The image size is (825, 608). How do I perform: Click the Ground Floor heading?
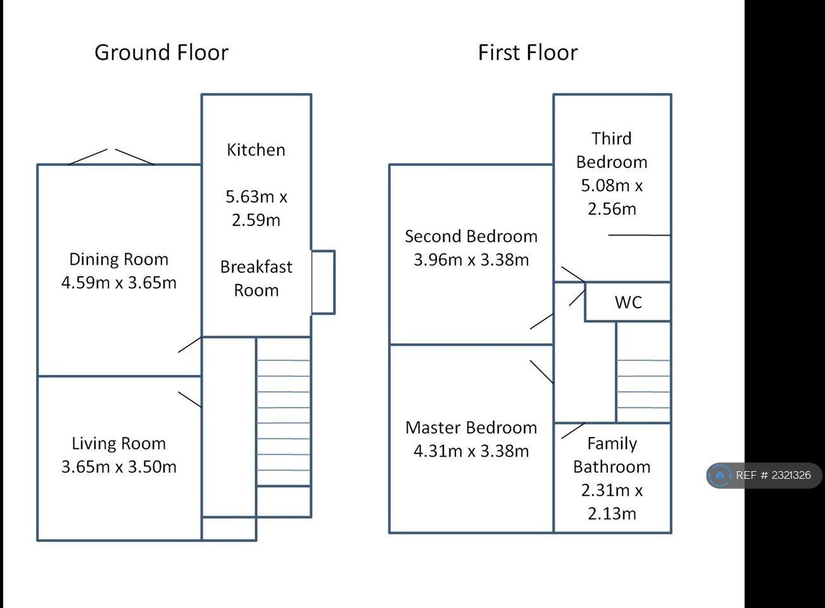tap(161, 53)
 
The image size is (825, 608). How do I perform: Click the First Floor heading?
tap(527, 53)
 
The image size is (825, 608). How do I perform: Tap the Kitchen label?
tap(256, 150)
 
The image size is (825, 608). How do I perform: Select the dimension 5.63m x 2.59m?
tap(256, 208)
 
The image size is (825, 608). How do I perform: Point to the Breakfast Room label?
tap(256, 279)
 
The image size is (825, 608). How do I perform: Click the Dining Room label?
tap(118, 260)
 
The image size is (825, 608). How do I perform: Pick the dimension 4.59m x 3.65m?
tap(118, 283)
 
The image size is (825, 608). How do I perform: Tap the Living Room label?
tap(118, 444)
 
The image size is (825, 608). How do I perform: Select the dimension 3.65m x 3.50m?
tap(118, 467)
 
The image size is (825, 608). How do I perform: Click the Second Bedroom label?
tap(471, 237)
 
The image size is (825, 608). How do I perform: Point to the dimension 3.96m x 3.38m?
tap(471, 260)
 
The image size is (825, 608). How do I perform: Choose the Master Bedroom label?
tap(471, 428)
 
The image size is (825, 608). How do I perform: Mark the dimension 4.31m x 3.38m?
tap(471, 452)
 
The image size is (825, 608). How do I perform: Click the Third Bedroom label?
tap(612, 150)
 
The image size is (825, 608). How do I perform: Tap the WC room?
tap(628, 302)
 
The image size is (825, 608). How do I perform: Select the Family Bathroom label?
tap(612, 455)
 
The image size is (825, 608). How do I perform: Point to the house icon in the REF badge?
tap(720, 476)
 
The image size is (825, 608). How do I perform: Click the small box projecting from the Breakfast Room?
tap(323, 282)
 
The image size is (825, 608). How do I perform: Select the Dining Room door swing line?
tap(189, 345)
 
